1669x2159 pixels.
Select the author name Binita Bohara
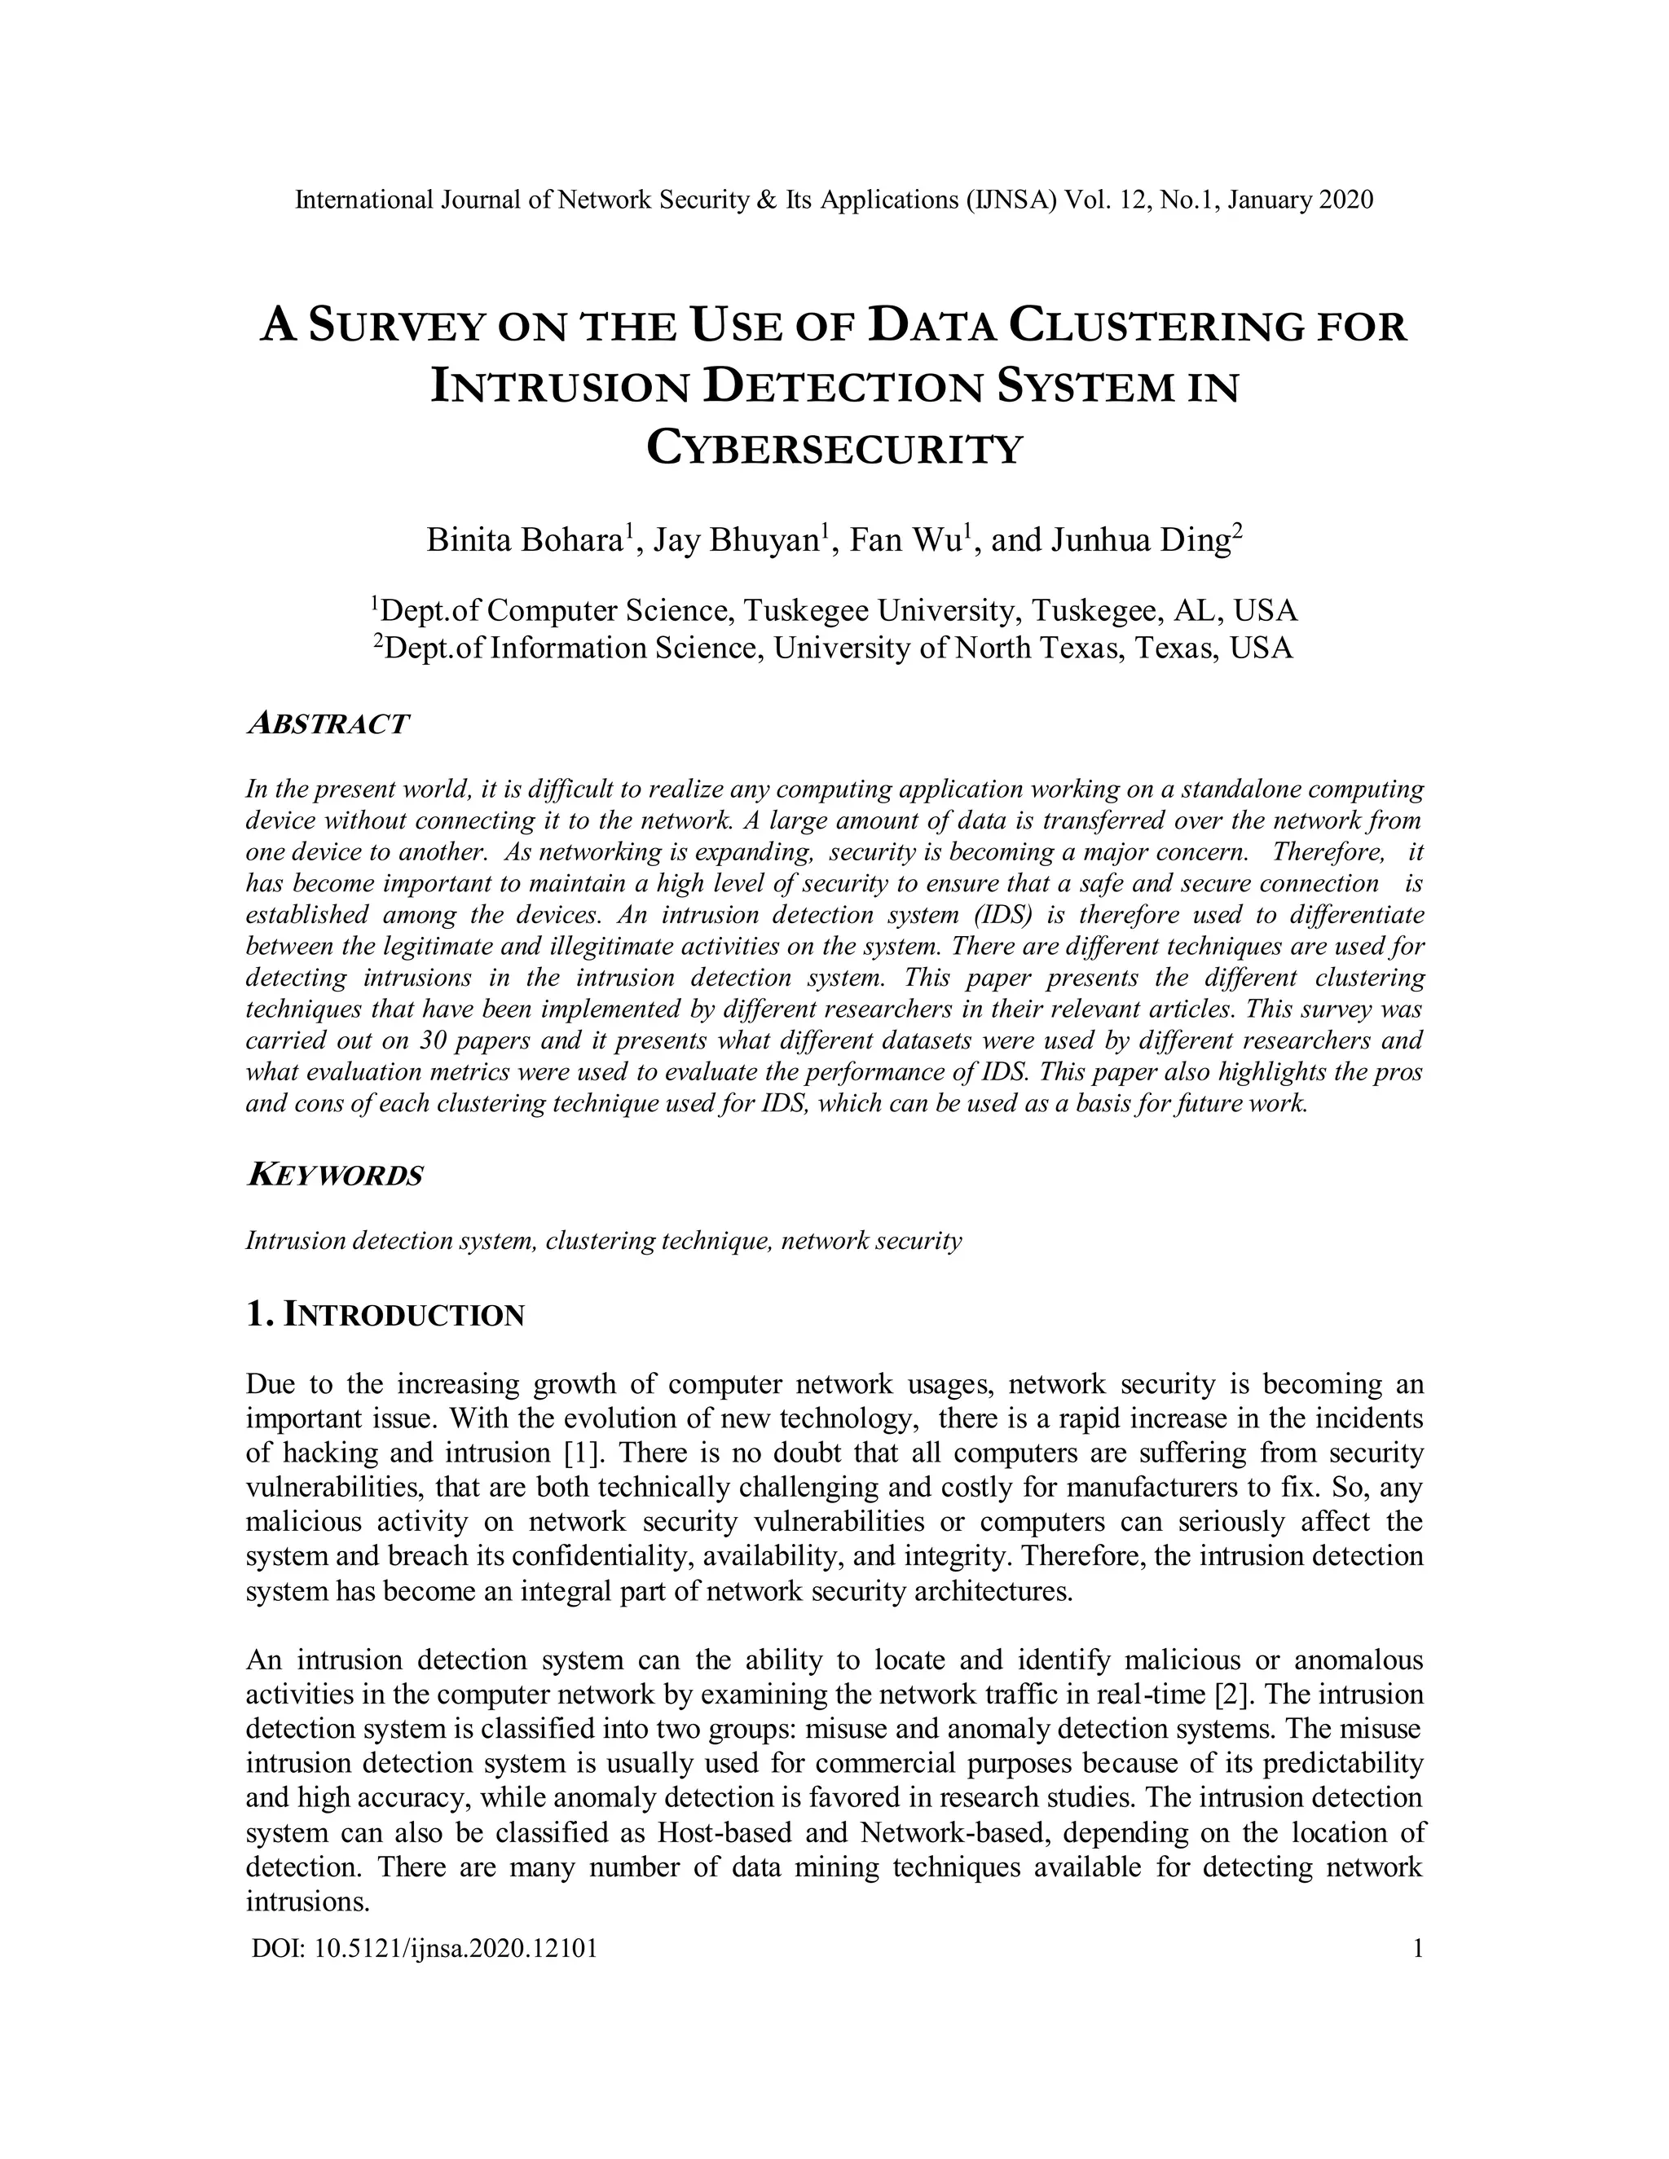[x=524, y=541]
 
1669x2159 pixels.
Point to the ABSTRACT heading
[x=326, y=723]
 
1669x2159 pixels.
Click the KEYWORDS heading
[x=334, y=1176]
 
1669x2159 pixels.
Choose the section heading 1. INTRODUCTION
[x=385, y=1315]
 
